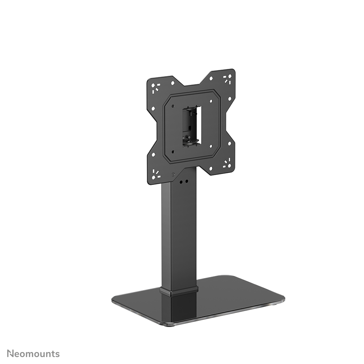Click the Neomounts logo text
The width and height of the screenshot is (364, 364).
[33, 353]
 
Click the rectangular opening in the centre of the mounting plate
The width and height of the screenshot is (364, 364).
[191, 125]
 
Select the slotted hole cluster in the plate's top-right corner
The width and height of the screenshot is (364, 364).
[227, 79]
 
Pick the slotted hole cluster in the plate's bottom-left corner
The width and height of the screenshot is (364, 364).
[156, 174]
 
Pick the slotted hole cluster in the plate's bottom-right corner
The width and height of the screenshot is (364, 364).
[227, 164]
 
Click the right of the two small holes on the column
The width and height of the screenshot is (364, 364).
[187, 181]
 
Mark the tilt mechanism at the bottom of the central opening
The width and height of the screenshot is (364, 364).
[191, 140]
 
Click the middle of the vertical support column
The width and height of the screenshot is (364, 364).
[179, 232]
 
